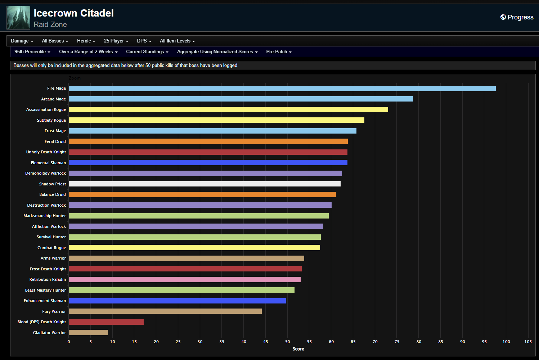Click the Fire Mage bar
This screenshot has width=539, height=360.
[282, 88]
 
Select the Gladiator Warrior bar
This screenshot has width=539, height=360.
[88, 333]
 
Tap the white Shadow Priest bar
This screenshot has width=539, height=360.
[205, 184]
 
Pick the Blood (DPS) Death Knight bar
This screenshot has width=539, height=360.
[106, 322]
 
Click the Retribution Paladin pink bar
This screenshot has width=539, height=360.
[184, 279]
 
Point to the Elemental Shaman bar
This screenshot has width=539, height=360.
[208, 163]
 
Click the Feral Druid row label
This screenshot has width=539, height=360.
[55, 141]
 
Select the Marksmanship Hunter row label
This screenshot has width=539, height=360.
[45, 216]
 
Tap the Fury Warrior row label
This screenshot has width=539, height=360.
[54, 311]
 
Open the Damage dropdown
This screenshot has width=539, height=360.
[22, 41]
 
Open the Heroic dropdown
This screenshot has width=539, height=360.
[86, 41]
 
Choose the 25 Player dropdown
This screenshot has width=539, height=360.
[116, 41]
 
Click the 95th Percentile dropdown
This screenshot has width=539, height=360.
[32, 52]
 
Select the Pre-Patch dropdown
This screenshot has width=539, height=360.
[279, 52]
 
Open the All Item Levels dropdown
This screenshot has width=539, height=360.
[177, 41]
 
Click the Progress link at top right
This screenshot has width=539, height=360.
[517, 17]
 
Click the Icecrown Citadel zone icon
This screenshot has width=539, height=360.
[18, 18]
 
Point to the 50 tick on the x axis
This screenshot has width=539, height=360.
[287, 342]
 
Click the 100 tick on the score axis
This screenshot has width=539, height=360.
[506, 342]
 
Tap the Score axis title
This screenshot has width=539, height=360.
[298, 349]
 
